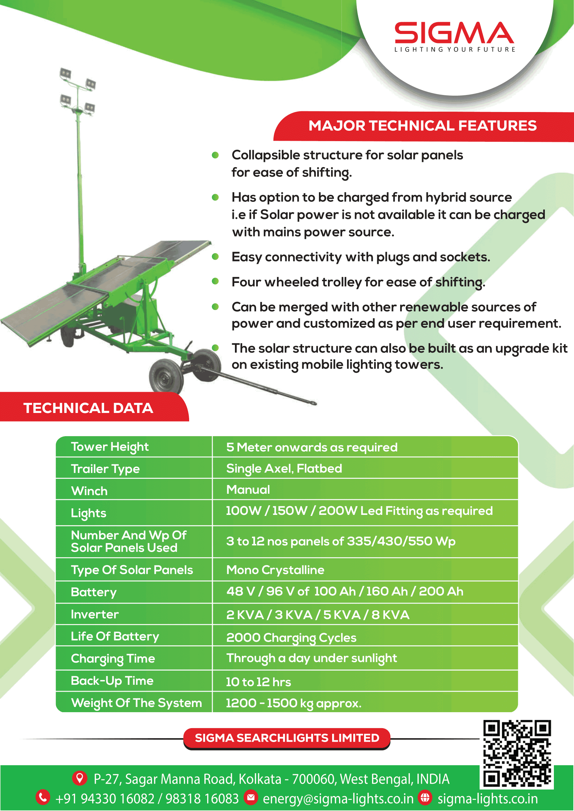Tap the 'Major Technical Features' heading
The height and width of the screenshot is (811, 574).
422,126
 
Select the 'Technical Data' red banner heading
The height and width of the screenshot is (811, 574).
88,408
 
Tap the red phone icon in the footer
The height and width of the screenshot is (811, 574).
43,797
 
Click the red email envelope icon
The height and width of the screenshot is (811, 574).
251,797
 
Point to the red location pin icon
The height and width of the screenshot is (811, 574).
80,778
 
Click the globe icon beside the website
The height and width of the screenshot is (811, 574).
425,797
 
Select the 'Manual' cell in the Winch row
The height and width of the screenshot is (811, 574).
248,490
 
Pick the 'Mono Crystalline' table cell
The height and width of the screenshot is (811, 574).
275,570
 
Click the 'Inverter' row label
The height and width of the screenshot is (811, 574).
95,614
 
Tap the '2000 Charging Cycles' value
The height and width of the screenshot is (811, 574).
291,638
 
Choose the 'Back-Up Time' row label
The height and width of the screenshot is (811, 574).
112,681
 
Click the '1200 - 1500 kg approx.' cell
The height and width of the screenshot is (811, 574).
294,703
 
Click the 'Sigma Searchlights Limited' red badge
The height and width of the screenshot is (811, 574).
287,738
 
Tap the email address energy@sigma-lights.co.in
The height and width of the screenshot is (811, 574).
338,798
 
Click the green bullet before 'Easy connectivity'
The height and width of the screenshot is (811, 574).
215,257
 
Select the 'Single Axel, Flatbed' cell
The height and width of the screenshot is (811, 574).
284,469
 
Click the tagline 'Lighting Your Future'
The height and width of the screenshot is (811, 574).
455,50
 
